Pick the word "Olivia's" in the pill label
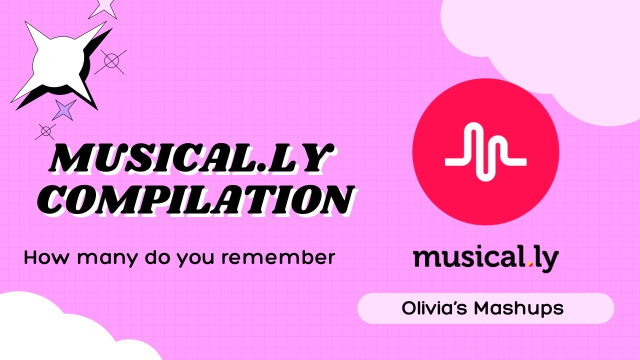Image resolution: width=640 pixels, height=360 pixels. pos(434,308)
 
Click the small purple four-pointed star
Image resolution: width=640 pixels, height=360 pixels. pos(64,109)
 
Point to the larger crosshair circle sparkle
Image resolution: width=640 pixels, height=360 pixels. pos(111,61)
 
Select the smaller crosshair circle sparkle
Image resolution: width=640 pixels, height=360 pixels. pos(45,131)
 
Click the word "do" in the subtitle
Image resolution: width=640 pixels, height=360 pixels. pos(155,257)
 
